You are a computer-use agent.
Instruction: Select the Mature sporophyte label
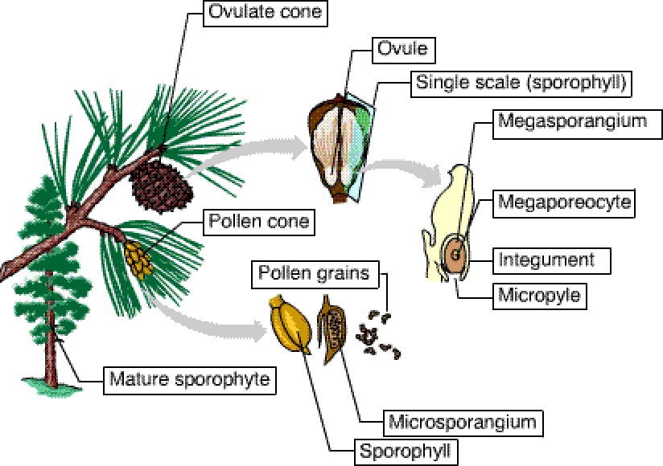(x=189, y=378)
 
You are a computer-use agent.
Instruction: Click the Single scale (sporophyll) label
(x=520, y=82)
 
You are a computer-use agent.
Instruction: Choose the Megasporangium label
(x=572, y=122)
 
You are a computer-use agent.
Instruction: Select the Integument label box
(x=546, y=260)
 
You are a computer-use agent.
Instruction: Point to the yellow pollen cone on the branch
(x=139, y=258)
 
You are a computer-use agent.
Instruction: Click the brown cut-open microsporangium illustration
(x=334, y=325)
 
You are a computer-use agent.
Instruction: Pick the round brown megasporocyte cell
(x=455, y=255)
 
